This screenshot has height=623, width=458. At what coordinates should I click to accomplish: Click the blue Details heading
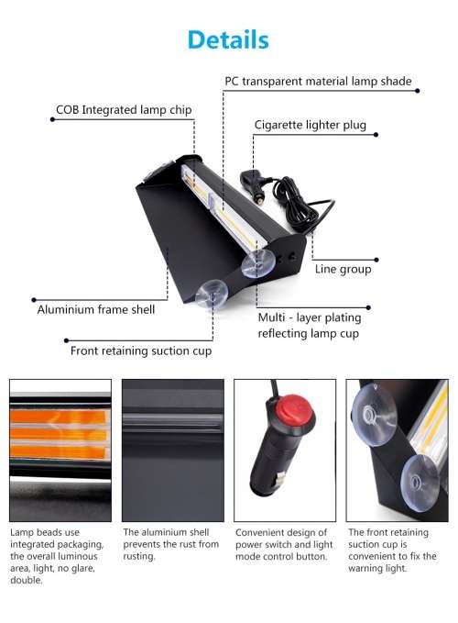(228, 39)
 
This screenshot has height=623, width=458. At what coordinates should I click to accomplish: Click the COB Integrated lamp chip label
(124, 110)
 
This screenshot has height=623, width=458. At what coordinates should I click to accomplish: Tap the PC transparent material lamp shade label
(318, 82)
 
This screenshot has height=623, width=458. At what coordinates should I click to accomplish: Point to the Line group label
(343, 269)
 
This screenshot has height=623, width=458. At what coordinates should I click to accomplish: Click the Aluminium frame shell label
(96, 309)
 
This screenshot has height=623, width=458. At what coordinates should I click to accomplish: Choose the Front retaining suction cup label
(141, 350)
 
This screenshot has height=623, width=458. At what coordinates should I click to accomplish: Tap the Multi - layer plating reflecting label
(310, 325)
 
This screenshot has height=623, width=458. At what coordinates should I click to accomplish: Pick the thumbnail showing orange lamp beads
(60, 449)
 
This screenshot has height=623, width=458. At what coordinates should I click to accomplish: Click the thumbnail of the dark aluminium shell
(172, 449)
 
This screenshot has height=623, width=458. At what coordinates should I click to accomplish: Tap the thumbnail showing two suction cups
(397, 449)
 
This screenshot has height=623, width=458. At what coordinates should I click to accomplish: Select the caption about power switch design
(283, 544)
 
